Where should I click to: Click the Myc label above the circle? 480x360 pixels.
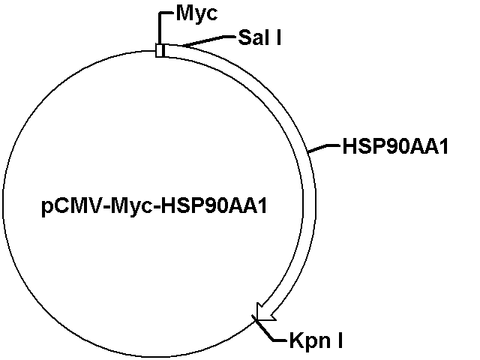click(196, 13)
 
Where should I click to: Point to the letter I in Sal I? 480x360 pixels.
click(277, 37)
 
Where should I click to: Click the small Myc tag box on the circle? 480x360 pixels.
click(160, 50)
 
